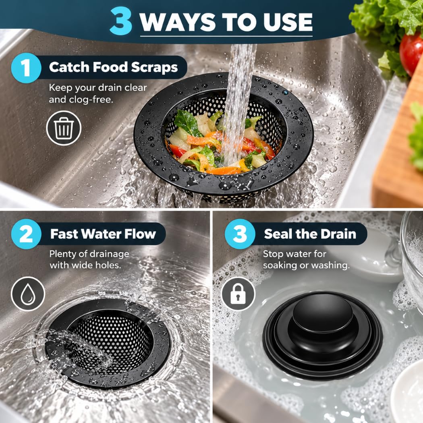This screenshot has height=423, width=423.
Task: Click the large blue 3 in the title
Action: click(x=121, y=21)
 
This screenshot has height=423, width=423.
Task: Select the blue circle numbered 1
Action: click(x=26, y=68)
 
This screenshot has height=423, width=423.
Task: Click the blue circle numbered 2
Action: click(x=26, y=234)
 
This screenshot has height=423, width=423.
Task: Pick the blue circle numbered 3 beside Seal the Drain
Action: click(x=240, y=234)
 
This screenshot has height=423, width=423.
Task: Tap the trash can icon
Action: click(x=64, y=128)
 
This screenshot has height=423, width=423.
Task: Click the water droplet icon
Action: click(x=28, y=294)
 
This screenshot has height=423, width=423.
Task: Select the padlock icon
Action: click(x=238, y=294)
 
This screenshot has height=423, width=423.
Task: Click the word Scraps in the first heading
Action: click(x=154, y=67)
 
